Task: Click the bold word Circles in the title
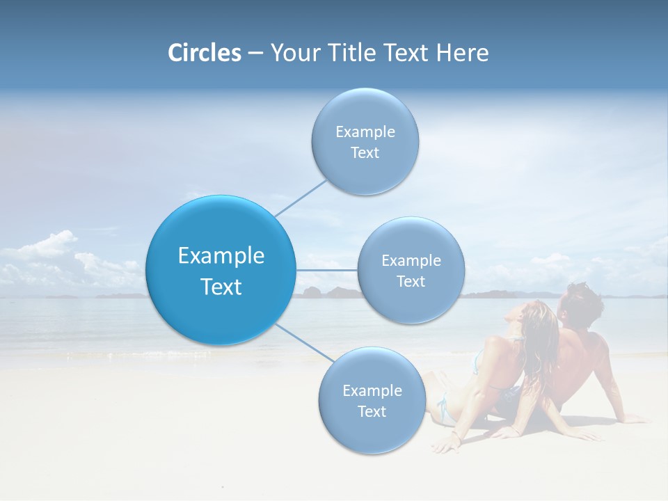coord(205,53)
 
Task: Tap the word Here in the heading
coord(462,53)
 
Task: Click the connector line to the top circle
coord(301,197)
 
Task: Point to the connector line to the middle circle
coord(326,270)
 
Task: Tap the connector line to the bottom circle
coord(305,343)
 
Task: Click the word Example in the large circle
coord(221,256)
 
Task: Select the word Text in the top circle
coord(365,153)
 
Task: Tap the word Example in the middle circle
coord(411,260)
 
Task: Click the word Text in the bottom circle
coord(372,411)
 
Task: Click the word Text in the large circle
coord(221,287)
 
